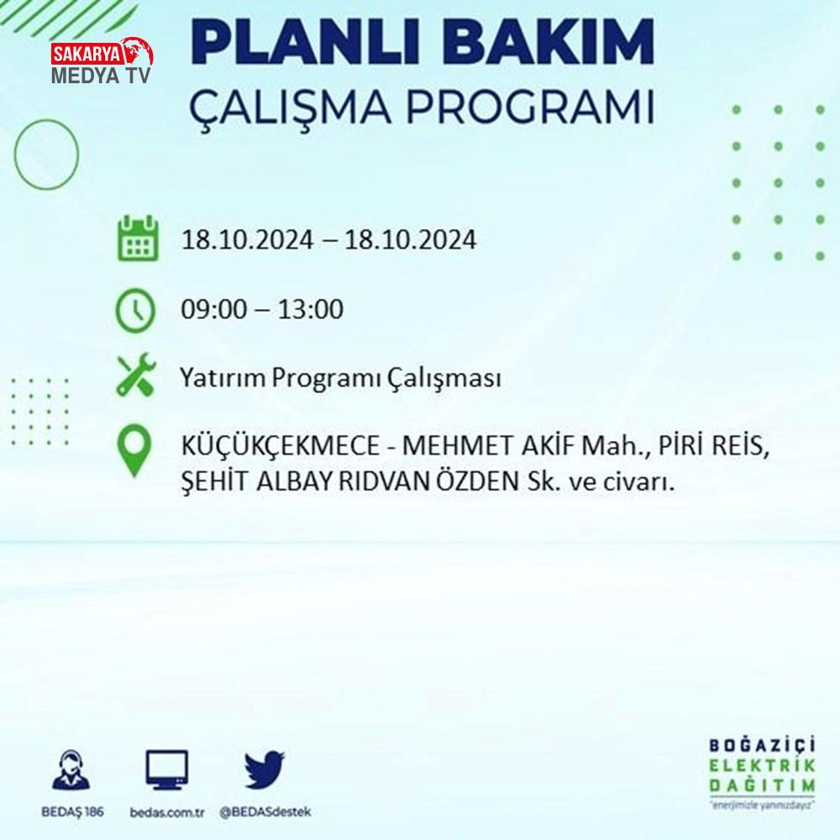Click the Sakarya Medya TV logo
[102, 61]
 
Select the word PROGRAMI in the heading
[530, 108]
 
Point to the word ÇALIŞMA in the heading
[290, 108]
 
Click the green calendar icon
[138, 239]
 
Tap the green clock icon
[135, 310]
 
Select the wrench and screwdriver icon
[136, 375]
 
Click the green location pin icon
[134, 450]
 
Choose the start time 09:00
[214, 309]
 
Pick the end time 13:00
[310, 309]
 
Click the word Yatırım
[223, 378]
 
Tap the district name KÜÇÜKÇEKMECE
[281, 447]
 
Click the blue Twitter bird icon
[264, 769]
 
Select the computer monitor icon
[167, 769]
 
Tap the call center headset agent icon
[71, 769]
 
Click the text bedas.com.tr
[167, 812]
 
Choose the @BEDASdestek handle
[265, 812]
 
